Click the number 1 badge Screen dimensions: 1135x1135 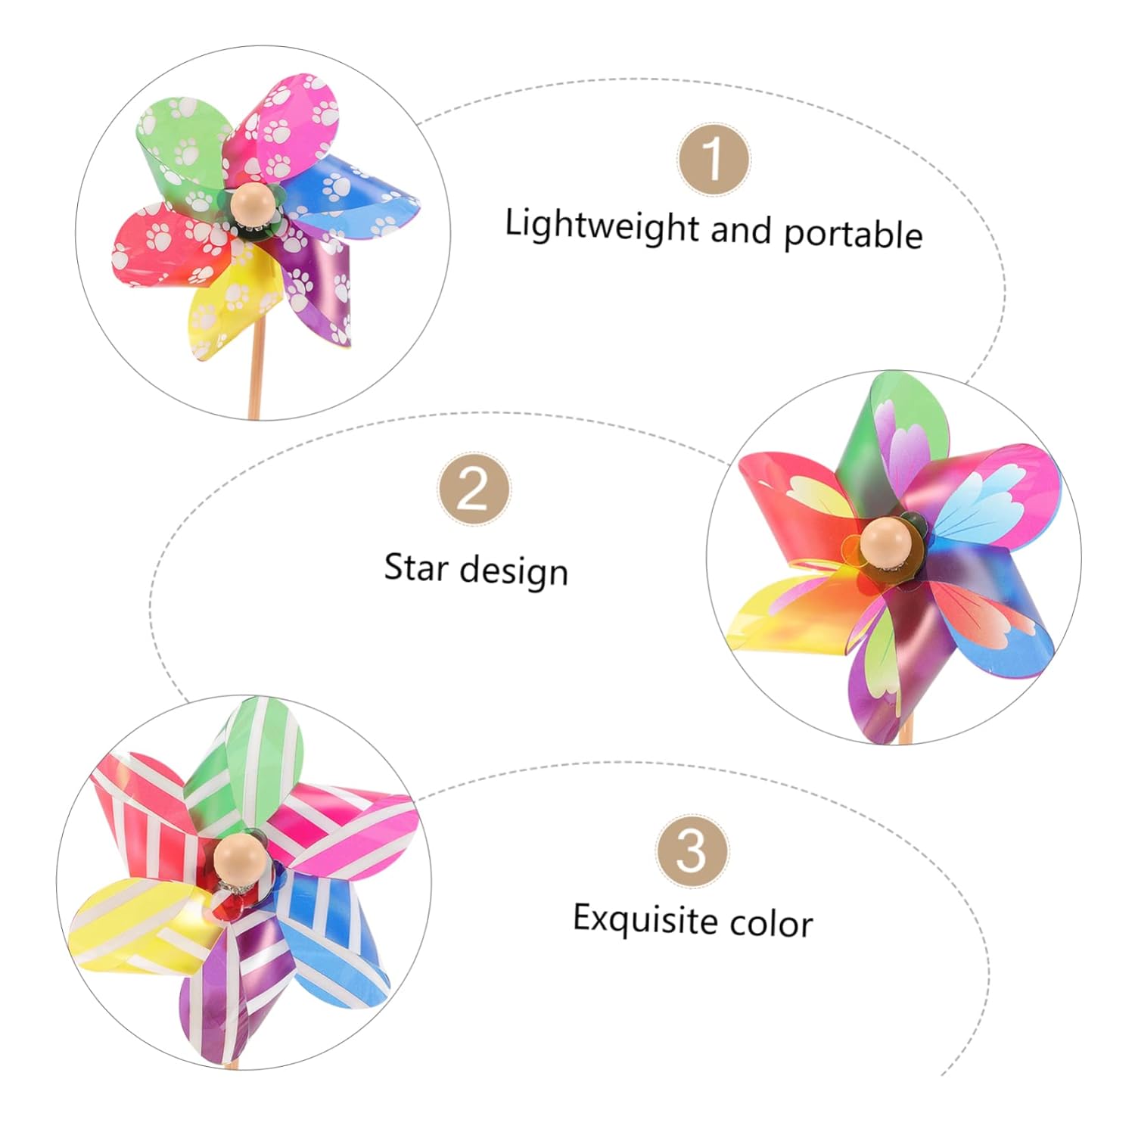(x=713, y=159)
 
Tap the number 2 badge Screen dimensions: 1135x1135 (x=474, y=490)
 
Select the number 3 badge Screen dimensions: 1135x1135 (x=692, y=850)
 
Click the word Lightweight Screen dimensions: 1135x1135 (x=602, y=225)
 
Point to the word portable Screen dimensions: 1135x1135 (x=853, y=234)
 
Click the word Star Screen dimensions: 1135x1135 (x=415, y=567)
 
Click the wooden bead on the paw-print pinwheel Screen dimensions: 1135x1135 (x=249, y=204)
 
